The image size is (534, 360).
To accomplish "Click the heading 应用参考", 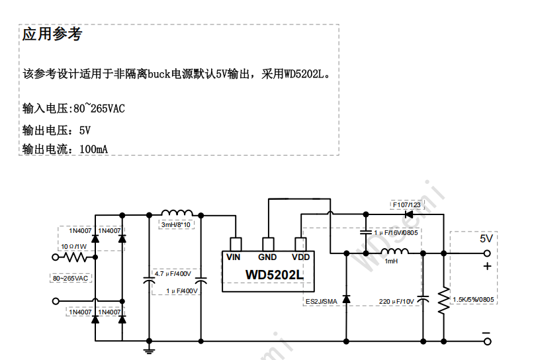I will (52, 34).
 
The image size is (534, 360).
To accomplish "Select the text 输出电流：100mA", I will (65, 149).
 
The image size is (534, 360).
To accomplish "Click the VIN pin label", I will (234, 257).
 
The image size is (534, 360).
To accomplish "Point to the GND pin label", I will (267, 257).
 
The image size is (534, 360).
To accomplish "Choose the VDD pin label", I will (300, 257).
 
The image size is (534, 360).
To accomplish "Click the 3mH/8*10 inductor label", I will (176, 225).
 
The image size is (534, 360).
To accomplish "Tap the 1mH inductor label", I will (391, 261).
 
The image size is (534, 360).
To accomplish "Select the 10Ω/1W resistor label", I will (74, 246).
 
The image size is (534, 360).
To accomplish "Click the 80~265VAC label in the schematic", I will (71, 279).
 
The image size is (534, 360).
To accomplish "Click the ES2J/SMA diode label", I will (321, 301).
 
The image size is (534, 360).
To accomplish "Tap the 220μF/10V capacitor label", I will (396, 301).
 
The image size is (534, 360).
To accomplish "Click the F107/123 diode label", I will (406, 204).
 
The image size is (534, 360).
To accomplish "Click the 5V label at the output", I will (486, 238).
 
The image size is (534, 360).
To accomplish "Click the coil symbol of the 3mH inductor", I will (175, 213).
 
